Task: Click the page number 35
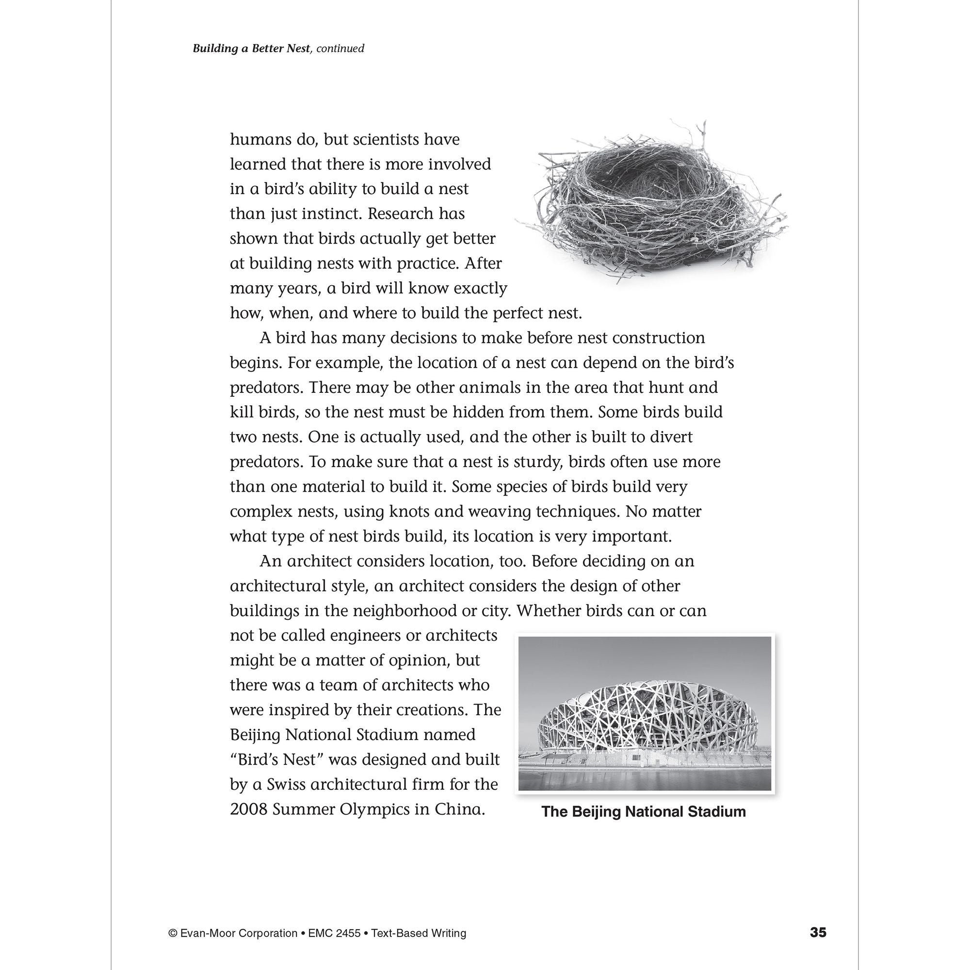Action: click(818, 932)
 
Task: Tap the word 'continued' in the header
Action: click(340, 48)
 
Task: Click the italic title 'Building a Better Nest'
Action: click(251, 48)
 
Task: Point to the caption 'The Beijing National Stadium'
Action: click(643, 811)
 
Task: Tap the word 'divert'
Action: click(671, 437)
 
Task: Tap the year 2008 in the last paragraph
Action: click(248, 809)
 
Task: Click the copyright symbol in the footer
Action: click(173, 933)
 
